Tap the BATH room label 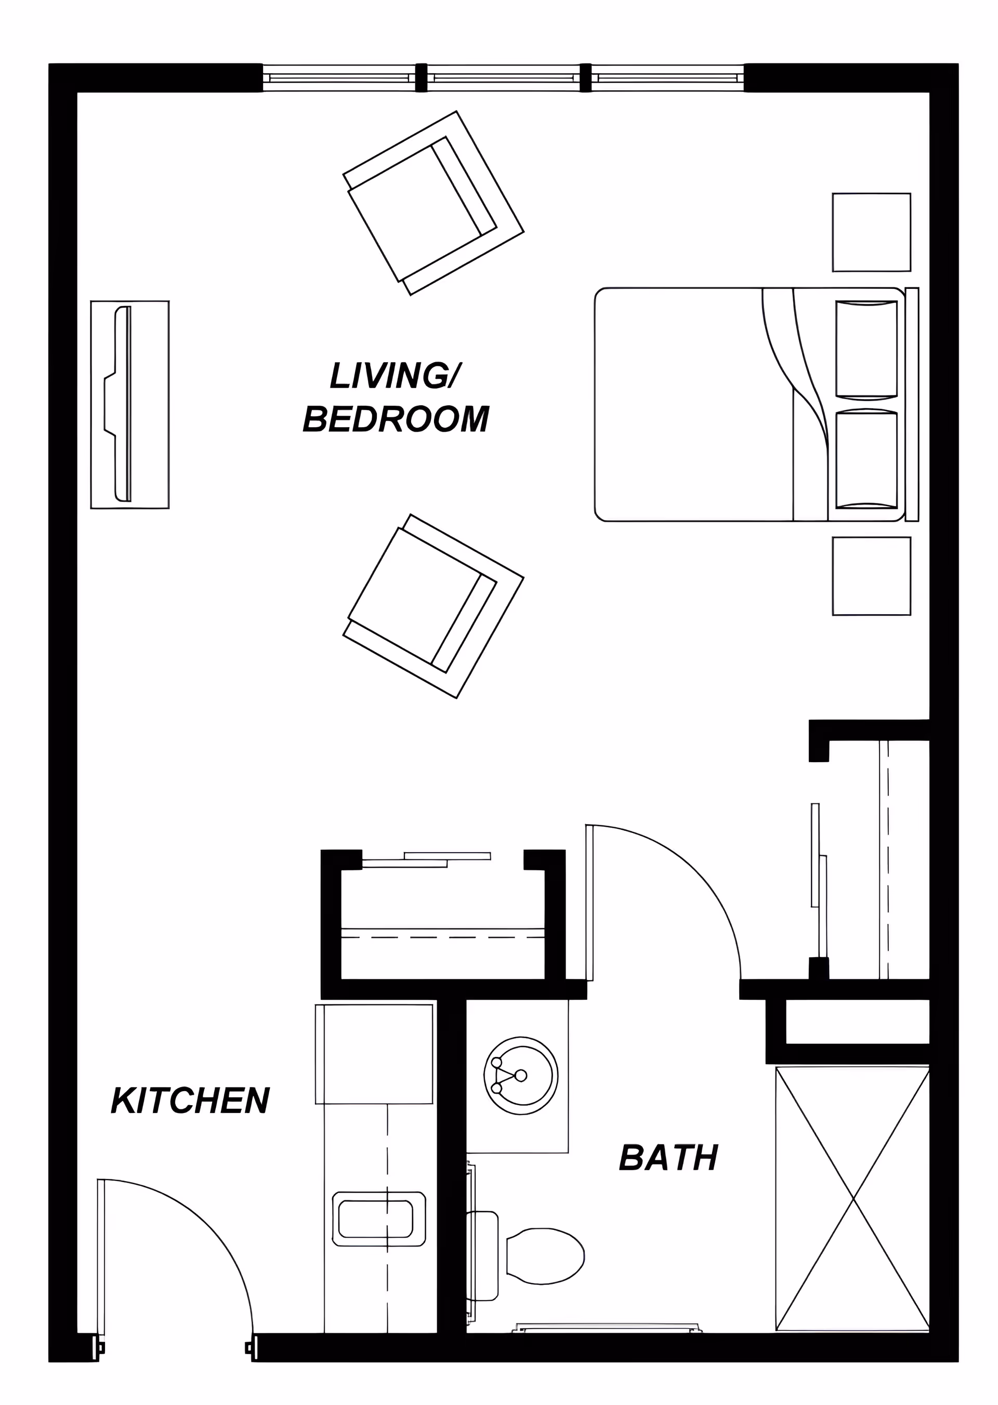668,1158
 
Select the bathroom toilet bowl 544,1256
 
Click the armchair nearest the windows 433,203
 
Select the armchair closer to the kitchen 433,606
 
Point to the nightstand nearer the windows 871,232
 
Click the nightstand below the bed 871,576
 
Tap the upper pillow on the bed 866,348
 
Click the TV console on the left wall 129,404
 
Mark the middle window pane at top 503,78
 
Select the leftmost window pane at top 339,78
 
